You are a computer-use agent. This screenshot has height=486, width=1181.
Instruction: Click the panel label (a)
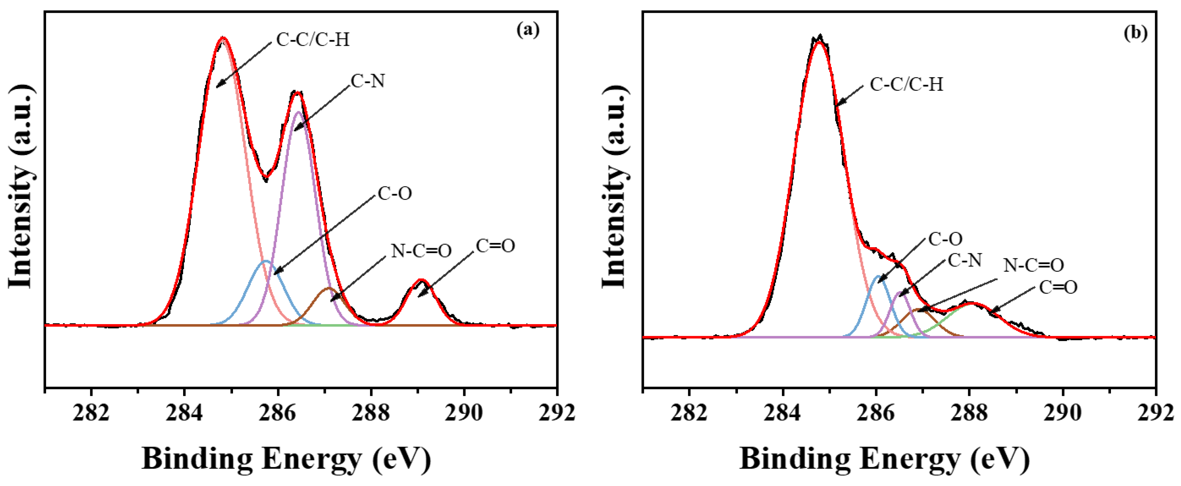click(528, 30)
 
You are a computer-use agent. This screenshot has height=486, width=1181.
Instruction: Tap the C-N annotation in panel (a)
click(367, 81)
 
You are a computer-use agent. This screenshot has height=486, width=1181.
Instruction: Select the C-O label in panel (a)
click(394, 193)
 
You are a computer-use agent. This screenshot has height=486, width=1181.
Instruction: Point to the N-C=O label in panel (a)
click(421, 251)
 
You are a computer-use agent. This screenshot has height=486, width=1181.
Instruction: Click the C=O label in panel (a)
click(495, 246)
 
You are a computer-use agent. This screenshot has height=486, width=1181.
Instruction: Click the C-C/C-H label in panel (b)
click(906, 84)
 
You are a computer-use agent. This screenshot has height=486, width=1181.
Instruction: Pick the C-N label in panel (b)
click(965, 260)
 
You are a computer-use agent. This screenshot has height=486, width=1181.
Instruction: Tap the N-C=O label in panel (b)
click(1033, 265)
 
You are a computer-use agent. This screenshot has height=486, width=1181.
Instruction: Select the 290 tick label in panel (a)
click(464, 413)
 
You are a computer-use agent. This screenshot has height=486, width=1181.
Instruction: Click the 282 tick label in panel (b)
click(689, 413)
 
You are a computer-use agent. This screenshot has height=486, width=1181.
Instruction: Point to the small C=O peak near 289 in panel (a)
click(421, 280)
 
